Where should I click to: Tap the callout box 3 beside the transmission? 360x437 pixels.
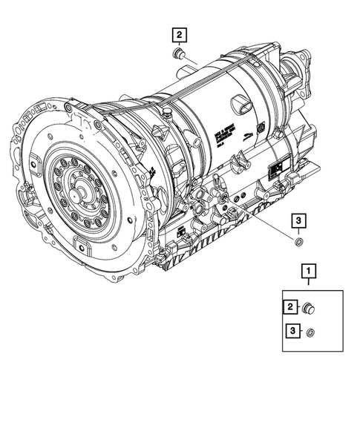pyautogui.click(x=297, y=220)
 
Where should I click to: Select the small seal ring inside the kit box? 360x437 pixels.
pyautogui.click(x=312, y=332)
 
